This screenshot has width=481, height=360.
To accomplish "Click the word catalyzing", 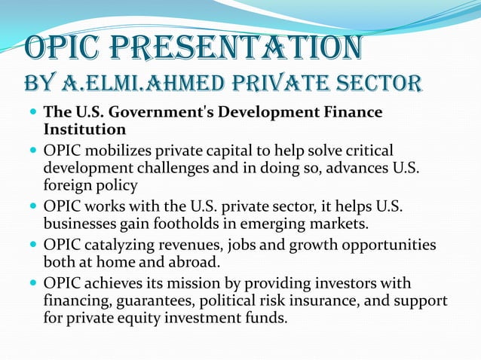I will pos(120,245).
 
